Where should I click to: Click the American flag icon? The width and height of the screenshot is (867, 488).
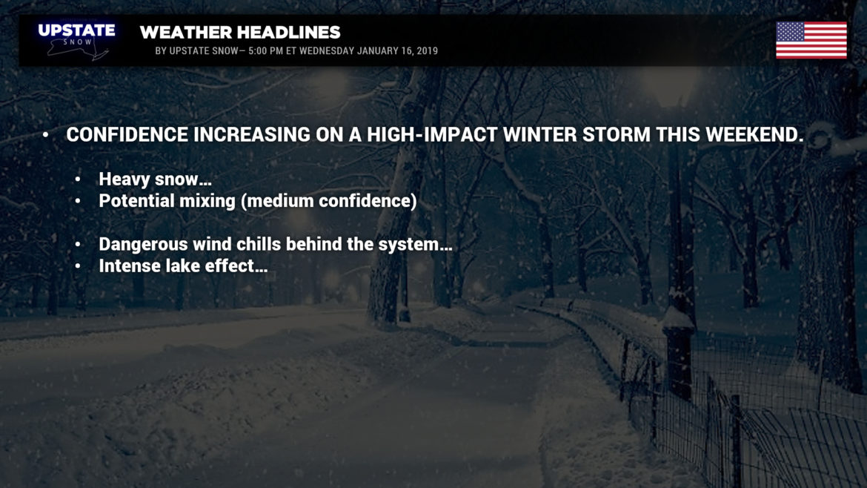pos(811,40)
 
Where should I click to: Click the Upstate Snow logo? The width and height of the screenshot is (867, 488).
pos(77,40)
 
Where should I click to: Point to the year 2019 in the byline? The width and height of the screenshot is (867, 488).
pos(428,51)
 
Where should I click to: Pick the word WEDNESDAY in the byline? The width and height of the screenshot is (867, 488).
pos(326,51)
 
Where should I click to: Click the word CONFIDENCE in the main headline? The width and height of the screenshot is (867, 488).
pos(127,134)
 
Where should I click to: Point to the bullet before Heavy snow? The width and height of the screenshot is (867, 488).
pos(78,179)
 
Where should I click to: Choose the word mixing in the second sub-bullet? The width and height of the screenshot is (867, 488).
pos(210,201)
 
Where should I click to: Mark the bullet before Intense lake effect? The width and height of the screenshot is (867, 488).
pos(78,266)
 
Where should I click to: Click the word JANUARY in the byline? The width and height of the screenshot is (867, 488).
pos(378,51)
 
